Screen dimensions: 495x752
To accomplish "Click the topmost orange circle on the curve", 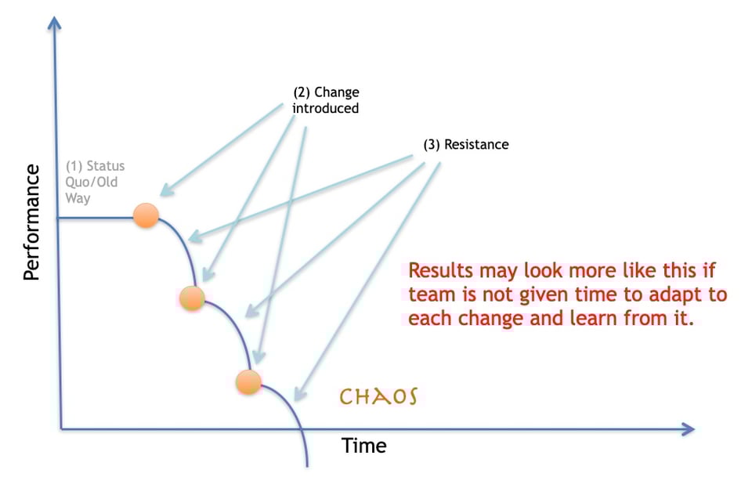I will tap(146, 215).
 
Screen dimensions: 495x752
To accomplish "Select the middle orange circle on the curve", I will tap(192, 298).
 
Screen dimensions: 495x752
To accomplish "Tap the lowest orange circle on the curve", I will tap(248, 382).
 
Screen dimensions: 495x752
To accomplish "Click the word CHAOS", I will tap(378, 396).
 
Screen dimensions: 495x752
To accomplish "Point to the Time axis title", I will tap(363, 446).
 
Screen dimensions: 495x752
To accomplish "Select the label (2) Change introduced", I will tap(325, 100).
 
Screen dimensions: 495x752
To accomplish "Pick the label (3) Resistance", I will tap(465, 145).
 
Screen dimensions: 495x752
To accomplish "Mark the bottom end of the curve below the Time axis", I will tap(306, 464).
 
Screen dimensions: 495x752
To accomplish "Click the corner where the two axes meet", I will tap(60, 428).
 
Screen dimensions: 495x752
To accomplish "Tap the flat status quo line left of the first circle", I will tap(94, 217).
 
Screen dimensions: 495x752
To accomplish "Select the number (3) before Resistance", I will tap(432, 145).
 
